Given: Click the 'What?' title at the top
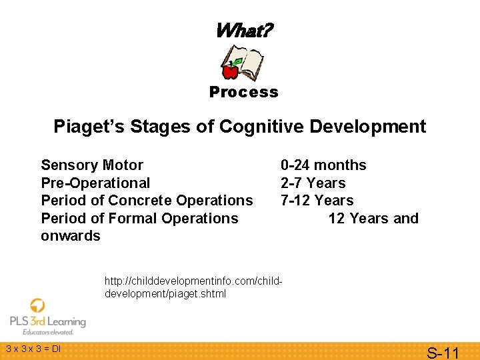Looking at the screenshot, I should [243, 31].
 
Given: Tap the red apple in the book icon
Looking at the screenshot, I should [231, 70].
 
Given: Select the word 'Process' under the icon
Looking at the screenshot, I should [243, 92].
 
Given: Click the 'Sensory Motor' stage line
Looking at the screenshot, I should [92, 165].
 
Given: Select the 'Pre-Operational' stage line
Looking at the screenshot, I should [95, 183].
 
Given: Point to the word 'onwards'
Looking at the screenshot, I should [71, 236].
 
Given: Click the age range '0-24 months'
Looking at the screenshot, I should [323, 165].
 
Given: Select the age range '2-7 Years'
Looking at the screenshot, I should [313, 183].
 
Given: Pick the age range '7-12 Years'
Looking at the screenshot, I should [317, 201].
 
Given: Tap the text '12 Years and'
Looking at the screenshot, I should [373, 218].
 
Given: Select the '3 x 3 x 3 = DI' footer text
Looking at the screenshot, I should [33, 349].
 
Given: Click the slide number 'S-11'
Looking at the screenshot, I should [443, 352].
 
